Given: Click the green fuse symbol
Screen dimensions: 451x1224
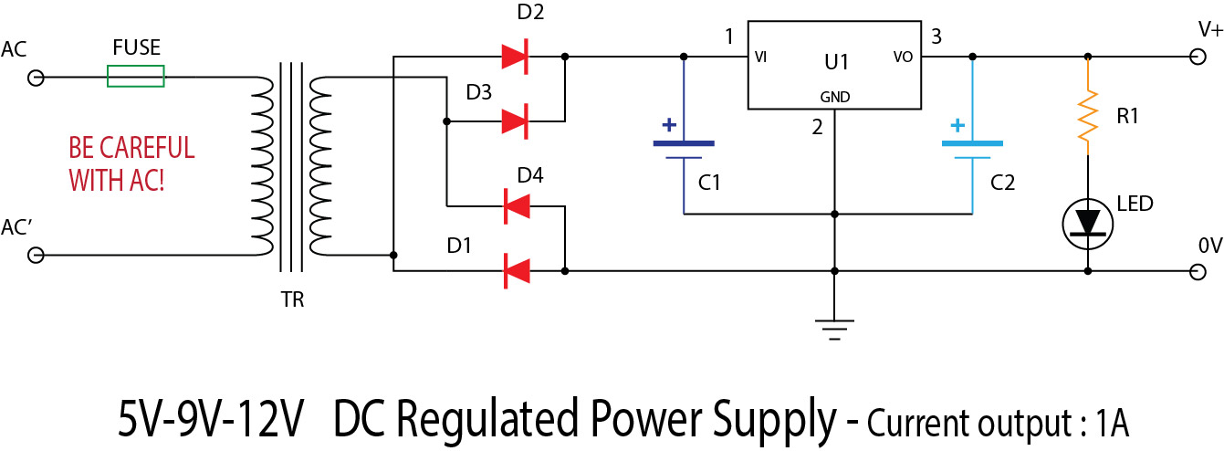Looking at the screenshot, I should pyautogui.click(x=136, y=76).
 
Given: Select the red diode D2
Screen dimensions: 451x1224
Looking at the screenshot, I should pyautogui.click(x=516, y=57).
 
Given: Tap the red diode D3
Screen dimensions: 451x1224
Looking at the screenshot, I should pyautogui.click(x=516, y=121).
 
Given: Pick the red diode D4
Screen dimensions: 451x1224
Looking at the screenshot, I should pyautogui.click(x=517, y=207).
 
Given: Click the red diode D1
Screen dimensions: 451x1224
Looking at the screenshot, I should pyautogui.click(x=517, y=271).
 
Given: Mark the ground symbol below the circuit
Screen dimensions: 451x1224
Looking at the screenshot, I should pyautogui.click(x=834, y=327).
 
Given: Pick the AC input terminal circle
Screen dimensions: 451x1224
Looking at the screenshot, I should pyautogui.click(x=36, y=78).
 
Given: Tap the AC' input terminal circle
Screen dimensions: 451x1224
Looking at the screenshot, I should pyautogui.click(x=36, y=257).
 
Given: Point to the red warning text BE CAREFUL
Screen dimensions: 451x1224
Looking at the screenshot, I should pyautogui.click(x=131, y=147).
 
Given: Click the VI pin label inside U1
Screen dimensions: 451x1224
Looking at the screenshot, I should pyautogui.click(x=760, y=57).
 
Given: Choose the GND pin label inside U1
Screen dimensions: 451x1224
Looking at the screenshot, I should pyautogui.click(x=834, y=96).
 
